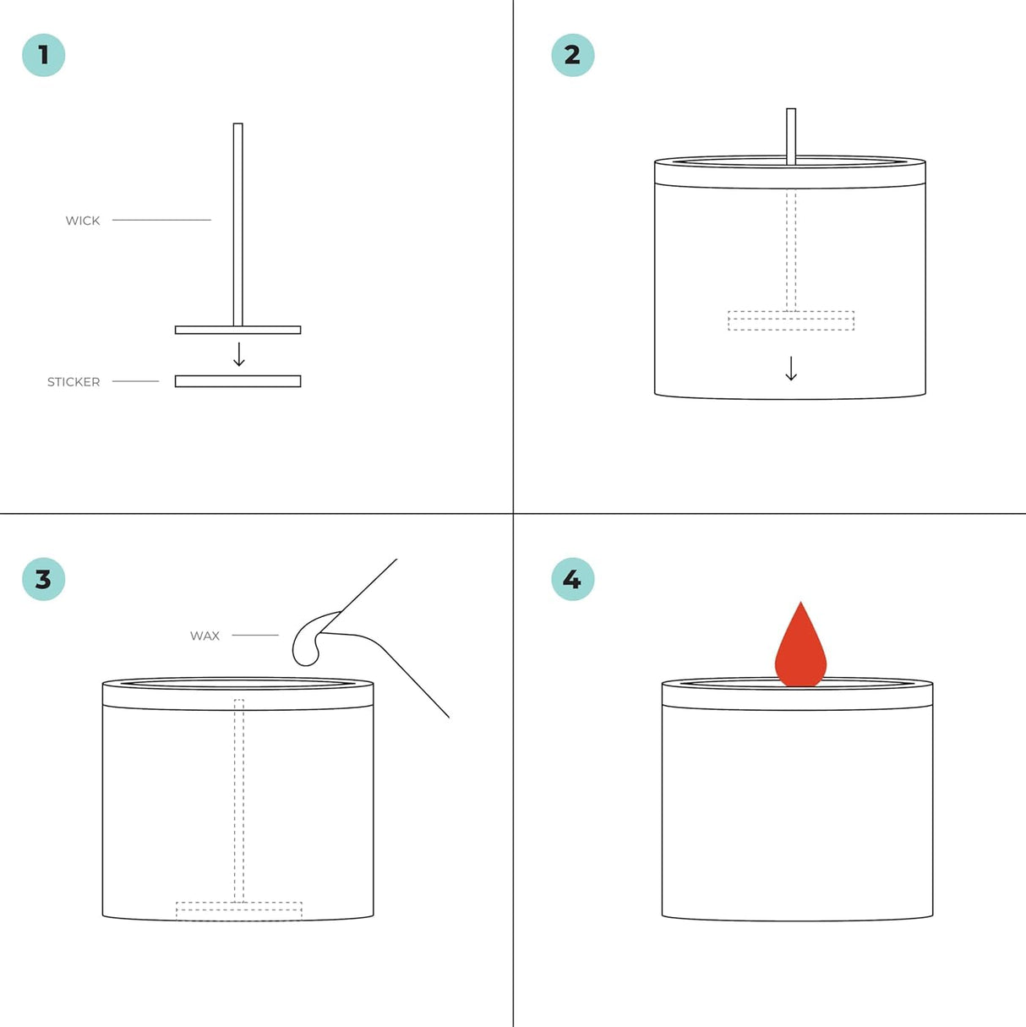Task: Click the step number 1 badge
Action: click(44, 55)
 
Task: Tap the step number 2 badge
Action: click(572, 55)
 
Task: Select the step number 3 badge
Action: click(44, 579)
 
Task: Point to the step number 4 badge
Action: click(572, 579)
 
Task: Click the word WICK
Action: click(83, 221)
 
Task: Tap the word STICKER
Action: click(74, 382)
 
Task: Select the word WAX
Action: click(205, 636)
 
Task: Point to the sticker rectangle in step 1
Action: click(237, 381)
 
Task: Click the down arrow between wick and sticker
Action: click(239, 354)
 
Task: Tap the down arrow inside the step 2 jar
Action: click(791, 369)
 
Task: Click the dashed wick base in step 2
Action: click(791, 321)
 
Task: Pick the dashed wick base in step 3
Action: click(239, 911)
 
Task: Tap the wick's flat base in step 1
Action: click(237, 330)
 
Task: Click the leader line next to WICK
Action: click(161, 220)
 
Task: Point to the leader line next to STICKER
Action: click(135, 381)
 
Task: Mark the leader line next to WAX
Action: click(255, 635)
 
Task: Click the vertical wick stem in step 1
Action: click(237, 224)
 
